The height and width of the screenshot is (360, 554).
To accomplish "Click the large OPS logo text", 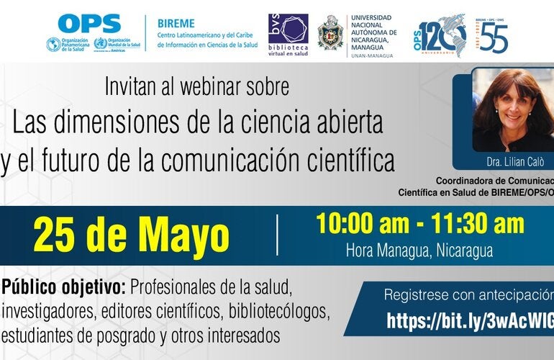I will (x=88, y=24).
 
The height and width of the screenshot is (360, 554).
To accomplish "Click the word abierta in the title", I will (x=347, y=123).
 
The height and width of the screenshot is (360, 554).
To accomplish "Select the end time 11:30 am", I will (x=477, y=224).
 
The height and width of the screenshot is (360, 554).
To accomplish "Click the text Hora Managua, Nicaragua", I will (x=419, y=251).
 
